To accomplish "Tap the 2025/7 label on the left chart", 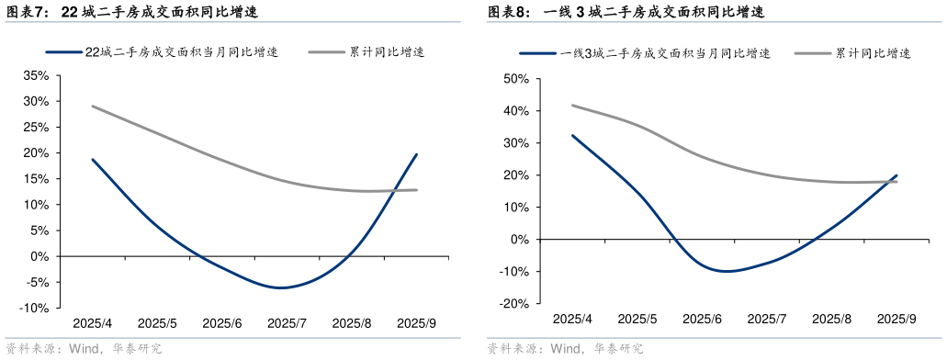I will click(287, 323).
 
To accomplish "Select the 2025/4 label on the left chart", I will click(92, 323).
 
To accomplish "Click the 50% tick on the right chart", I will click(515, 79).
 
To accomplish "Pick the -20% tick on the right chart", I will click(513, 304).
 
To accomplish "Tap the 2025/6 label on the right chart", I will click(703, 319).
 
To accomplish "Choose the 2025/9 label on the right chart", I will click(897, 319).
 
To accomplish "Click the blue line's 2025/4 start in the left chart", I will click(92, 159).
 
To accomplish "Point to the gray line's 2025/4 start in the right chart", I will click(572, 105).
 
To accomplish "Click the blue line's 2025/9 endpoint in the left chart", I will click(417, 154).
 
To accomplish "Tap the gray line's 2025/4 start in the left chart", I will click(92, 106).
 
